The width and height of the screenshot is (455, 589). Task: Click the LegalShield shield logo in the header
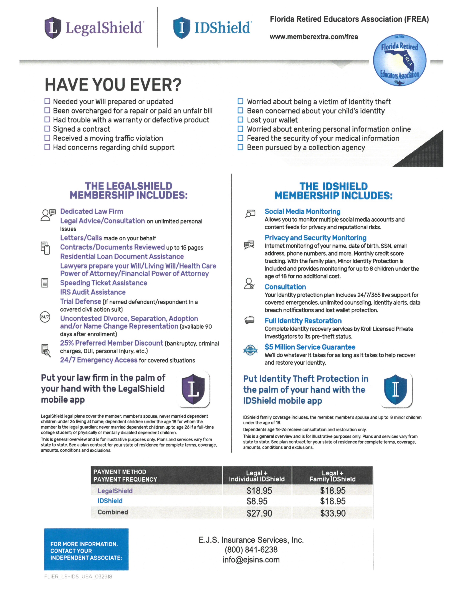(53, 28)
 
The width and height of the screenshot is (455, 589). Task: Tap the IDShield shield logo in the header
(182, 28)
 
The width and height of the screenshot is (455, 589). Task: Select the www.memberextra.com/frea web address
(314, 37)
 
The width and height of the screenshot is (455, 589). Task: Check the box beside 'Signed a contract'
(47, 129)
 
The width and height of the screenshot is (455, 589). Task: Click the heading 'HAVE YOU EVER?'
(113, 85)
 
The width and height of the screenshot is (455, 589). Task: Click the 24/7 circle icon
(45, 317)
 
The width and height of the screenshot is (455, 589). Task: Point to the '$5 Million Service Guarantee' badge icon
(250, 350)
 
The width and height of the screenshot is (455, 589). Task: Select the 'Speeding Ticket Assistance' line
(103, 283)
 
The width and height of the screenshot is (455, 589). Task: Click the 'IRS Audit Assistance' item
(93, 292)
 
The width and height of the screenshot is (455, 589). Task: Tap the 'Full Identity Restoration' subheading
(303, 321)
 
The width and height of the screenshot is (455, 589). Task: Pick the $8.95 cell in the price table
(257, 501)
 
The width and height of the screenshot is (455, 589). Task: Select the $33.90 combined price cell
(333, 513)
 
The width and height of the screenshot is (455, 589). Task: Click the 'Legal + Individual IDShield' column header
(257, 476)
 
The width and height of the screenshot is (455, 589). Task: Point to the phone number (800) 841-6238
(251, 550)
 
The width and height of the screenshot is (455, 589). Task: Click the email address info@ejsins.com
(251, 560)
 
